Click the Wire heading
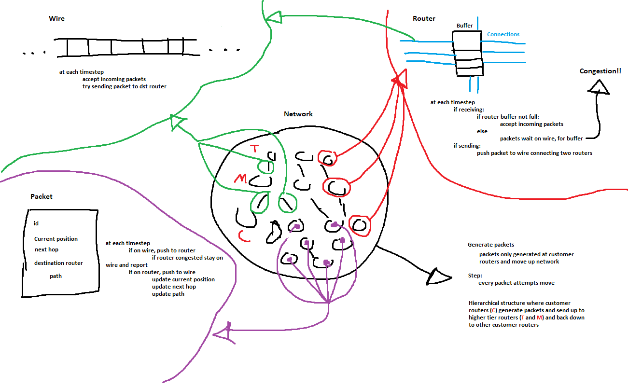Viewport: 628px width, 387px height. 56,19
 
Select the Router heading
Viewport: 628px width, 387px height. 424,19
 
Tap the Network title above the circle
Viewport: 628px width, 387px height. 298,114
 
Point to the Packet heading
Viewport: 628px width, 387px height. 42,196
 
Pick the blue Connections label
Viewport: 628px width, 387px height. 503,34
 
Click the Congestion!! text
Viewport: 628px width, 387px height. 600,71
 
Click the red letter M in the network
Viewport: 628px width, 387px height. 240,179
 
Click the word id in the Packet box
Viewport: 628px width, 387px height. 36,224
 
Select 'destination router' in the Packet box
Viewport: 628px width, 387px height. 58,263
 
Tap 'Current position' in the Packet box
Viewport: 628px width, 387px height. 56,239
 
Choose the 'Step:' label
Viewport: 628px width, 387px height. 475,276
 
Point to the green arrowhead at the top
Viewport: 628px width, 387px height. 273,18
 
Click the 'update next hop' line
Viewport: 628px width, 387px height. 174,287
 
